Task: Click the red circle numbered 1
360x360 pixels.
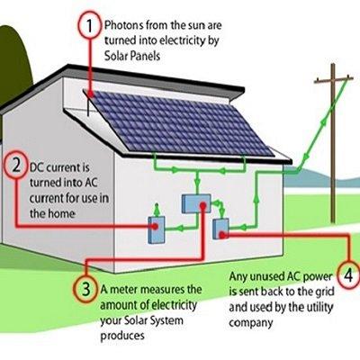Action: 89,26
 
